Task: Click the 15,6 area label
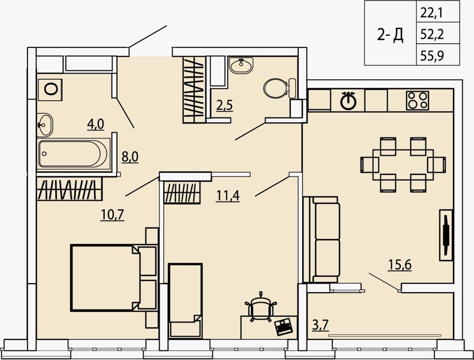[x=400, y=265]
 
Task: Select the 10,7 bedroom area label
[x=112, y=215]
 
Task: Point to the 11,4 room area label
[x=228, y=196]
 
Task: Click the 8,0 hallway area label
[x=130, y=157]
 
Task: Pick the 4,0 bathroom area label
[x=95, y=124]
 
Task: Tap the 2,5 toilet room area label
[x=224, y=105]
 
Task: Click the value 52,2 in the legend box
[x=432, y=35]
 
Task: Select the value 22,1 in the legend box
[x=431, y=13]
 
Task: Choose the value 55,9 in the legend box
[x=432, y=56]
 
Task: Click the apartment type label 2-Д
[x=390, y=35]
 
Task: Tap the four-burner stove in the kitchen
[x=418, y=101]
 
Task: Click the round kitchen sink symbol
[x=349, y=101]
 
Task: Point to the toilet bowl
[x=279, y=88]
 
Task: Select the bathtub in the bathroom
[x=73, y=153]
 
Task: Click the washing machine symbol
[x=50, y=89]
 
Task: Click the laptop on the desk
[x=283, y=326]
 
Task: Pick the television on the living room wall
[x=446, y=235]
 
